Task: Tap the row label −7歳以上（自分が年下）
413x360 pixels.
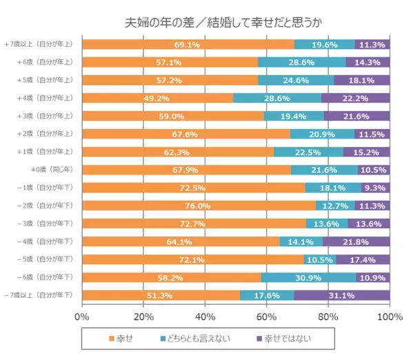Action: pyautogui.click(x=40, y=295)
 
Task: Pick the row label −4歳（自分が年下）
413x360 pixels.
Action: pyautogui.click(x=45, y=241)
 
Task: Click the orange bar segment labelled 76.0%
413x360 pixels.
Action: pyautogui.click(x=199, y=206)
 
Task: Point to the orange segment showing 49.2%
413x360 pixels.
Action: pyautogui.click(x=157, y=98)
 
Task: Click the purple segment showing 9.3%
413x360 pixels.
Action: pyautogui.click(x=375, y=188)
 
